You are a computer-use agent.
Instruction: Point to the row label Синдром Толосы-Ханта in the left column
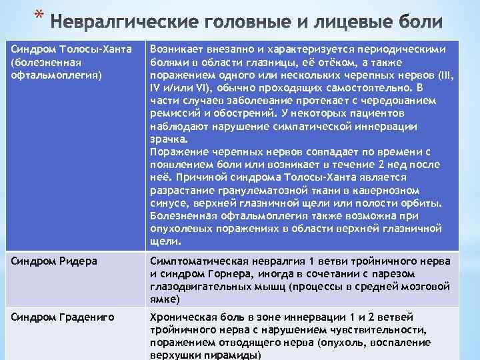[x=67, y=51]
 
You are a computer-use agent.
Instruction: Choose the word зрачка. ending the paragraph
[x=169, y=140]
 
